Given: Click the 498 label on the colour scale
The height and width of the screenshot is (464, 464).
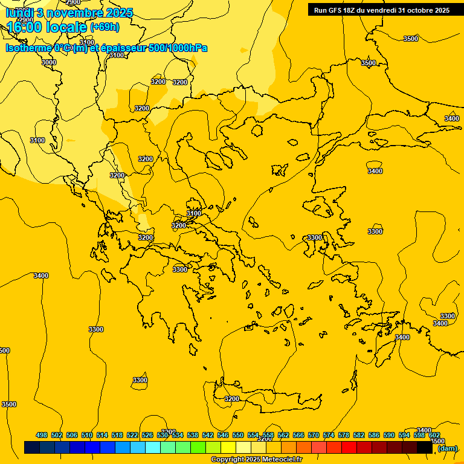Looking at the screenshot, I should click(x=42, y=435).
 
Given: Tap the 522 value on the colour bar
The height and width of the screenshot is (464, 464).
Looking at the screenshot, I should click(x=132, y=435).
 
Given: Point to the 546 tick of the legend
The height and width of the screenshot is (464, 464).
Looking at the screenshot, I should click(x=223, y=435).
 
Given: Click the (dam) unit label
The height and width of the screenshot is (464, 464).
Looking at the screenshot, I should click(x=448, y=448).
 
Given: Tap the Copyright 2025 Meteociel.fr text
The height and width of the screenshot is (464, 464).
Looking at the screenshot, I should click(x=256, y=460).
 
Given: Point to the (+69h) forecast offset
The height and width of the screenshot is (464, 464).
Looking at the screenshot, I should click(x=105, y=27).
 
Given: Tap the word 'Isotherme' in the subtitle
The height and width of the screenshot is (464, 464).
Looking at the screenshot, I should click(x=29, y=48).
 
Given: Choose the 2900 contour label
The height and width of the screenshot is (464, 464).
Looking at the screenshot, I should click(x=73, y=2).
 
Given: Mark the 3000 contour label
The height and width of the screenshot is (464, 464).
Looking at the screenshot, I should click(x=49, y=62).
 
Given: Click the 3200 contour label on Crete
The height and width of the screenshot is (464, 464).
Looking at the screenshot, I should click(x=232, y=399).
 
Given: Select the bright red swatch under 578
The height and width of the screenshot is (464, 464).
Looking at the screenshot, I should click(x=349, y=448).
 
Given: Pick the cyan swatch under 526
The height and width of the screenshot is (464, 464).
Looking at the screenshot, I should click(x=152, y=448).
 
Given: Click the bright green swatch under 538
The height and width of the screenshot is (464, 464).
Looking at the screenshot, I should click(x=198, y=448).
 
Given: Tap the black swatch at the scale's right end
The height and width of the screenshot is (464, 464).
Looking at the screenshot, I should click(x=424, y=448).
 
